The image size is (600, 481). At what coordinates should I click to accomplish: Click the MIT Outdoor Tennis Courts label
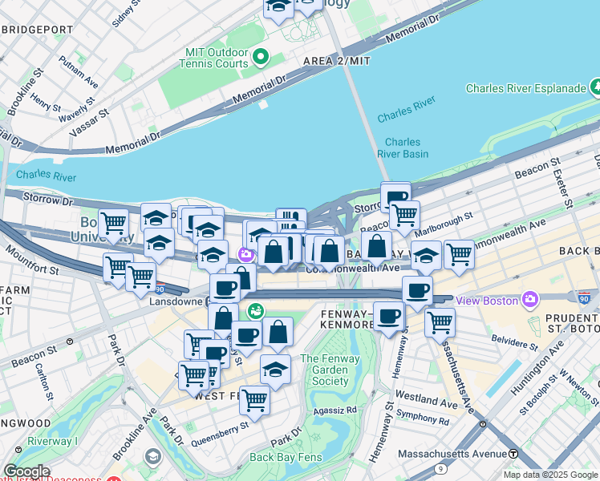217,57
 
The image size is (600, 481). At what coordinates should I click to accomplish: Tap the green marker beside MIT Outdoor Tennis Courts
261,58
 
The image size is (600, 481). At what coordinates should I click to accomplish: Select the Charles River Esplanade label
525,88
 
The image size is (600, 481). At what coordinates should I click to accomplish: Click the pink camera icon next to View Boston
529,300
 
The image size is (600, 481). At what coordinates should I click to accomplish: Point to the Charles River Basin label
403,148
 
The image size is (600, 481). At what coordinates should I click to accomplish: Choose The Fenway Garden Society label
330,370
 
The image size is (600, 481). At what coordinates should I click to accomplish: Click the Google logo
26,471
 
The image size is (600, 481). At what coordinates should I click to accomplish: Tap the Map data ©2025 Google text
549,475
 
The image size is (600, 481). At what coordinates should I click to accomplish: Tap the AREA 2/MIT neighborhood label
337,61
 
